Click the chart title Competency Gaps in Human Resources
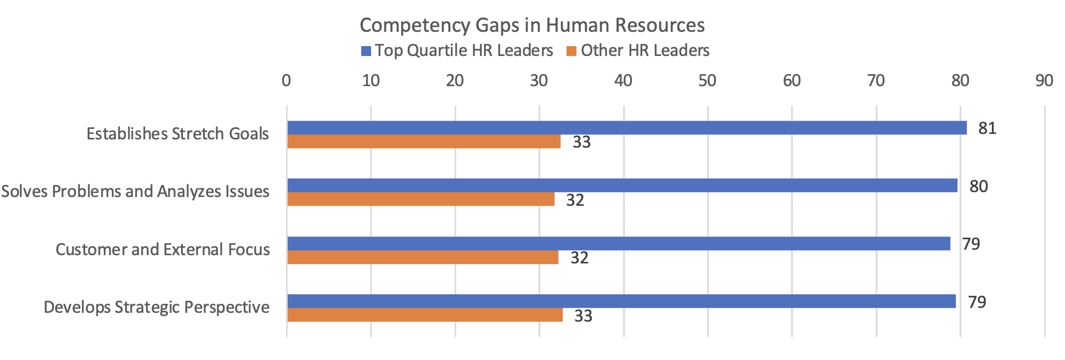(x=532, y=25)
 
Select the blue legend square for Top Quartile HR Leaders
(x=366, y=51)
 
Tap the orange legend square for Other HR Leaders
(x=571, y=51)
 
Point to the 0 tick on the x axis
(x=286, y=81)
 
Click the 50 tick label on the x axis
(x=707, y=81)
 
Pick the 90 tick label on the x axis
(x=1044, y=81)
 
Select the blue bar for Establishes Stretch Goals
(x=626, y=128)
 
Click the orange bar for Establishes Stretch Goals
(x=424, y=142)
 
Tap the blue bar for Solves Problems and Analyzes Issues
(x=621, y=185)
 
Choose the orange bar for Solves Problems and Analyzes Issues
(x=421, y=199)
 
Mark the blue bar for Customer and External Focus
(x=618, y=244)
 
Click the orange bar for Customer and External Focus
(x=422, y=257)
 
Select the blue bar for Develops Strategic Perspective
(x=621, y=301)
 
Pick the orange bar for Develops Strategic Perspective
(x=424, y=315)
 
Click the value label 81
(x=987, y=128)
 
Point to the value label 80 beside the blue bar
(x=978, y=187)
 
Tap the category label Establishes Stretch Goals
(x=178, y=134)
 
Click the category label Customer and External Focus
(x=162, y=250)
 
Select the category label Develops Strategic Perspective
(x=156, y=307)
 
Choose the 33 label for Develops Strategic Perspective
(x=583, y=316)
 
